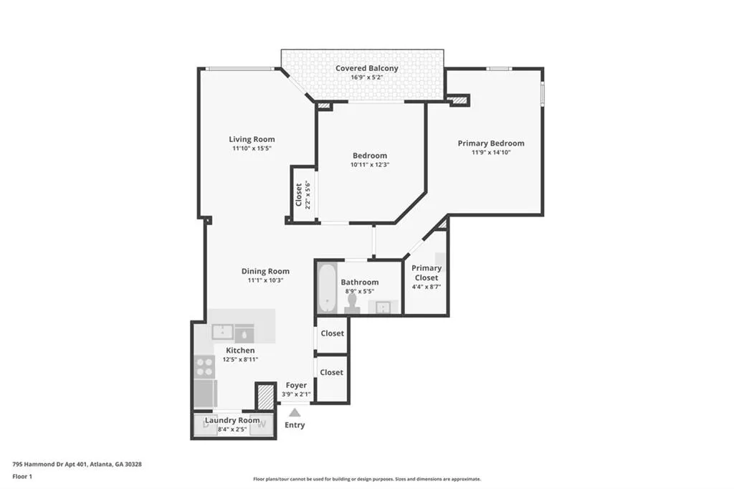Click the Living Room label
252,139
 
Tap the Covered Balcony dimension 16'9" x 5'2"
367,77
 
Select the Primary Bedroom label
491,143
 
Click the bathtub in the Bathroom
327,288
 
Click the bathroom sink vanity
383,307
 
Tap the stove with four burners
205,366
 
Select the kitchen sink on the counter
223,332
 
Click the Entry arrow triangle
295,412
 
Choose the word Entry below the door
295,425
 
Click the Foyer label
296,386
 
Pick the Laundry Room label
232,420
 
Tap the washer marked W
262,424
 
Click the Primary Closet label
426,272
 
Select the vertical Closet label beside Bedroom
299,194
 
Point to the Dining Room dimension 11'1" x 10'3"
265,280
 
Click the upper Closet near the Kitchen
332,333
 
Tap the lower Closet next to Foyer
332,372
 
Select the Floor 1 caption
22,476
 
